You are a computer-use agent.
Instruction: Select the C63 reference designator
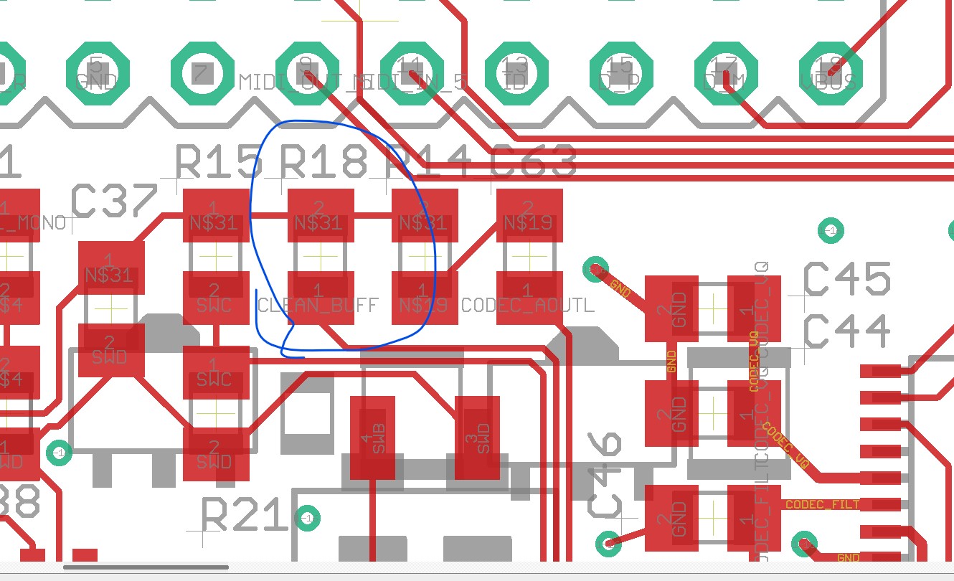(534, 162)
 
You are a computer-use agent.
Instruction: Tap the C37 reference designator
(115, 202)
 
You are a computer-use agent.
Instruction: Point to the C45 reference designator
(847, 280)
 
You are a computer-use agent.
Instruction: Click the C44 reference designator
(847, 332)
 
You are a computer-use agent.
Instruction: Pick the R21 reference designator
(245, 515)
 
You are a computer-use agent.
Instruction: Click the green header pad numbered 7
(202, 72)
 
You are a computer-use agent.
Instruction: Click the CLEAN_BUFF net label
(317, 306)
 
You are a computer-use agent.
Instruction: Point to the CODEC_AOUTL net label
(528, 306)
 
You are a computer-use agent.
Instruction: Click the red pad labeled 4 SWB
(373, 438)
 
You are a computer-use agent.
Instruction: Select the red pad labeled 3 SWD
(478, 438)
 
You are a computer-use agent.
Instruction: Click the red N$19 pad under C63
(529, 216)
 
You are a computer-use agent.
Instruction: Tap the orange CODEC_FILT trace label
(822, 505)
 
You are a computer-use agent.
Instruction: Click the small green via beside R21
(308, 517)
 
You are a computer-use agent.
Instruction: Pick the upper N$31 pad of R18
(321, 216)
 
